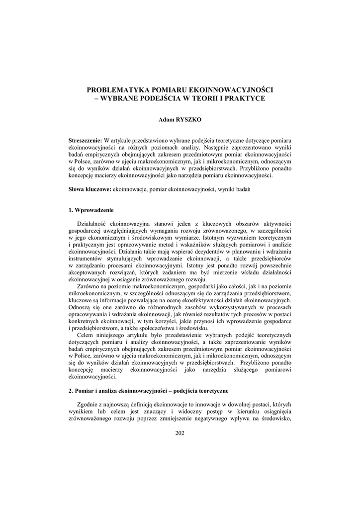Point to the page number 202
click(x=180, y=433)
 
